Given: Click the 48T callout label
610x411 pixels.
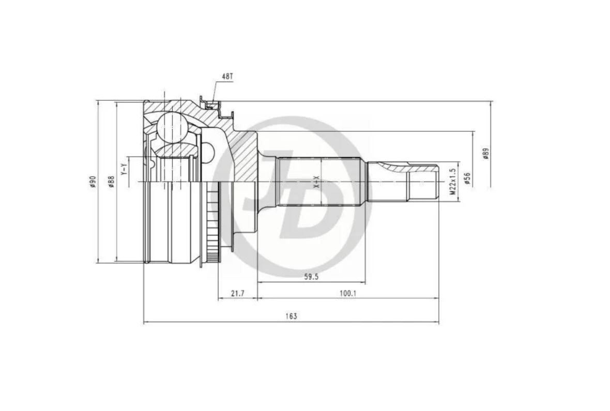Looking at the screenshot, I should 227,77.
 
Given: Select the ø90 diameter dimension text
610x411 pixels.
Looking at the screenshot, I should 93,182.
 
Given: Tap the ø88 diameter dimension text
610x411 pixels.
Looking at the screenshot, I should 111,182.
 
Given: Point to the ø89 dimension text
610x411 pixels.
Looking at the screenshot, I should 486,154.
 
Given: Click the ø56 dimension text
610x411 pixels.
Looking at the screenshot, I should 467,178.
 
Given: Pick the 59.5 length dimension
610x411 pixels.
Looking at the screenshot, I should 311,277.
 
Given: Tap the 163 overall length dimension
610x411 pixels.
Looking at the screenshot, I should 291,316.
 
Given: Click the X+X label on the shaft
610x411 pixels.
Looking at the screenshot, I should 316,181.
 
